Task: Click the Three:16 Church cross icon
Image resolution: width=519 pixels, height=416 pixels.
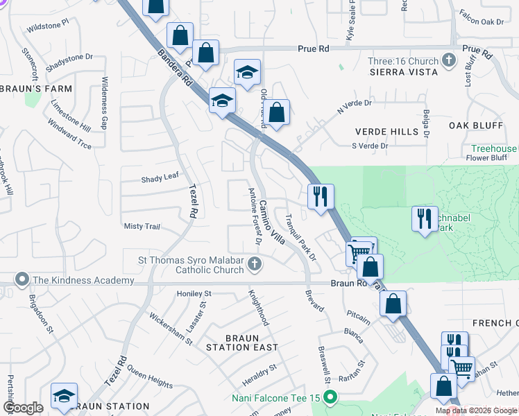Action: pyautogui.click(x=449, y=61)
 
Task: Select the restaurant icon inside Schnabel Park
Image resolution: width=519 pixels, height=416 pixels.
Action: pyautogui.click(x=424, y=218)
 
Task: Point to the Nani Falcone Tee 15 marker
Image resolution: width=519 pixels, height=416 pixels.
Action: pyautogui.click(x=330, y=398)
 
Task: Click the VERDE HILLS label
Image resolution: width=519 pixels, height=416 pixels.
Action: pyautogui.click(x=381, y=132)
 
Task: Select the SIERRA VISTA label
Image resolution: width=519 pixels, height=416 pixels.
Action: pyautogui.click(x=403, y=72)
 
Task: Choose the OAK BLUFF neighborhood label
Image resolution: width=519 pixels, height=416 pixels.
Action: pyautogui.click(x=475, y=125)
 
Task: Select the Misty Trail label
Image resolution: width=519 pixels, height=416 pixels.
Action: pyautogui.click(x=142, y=227)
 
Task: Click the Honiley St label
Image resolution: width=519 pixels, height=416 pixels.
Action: pyautogui.click(x=193, y=294)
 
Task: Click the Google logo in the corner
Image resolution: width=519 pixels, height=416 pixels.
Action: pyautogui.click(x=23, y=408)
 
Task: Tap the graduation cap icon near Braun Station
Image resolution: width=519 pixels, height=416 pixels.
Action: pyautogui.click(x=64, y=395)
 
